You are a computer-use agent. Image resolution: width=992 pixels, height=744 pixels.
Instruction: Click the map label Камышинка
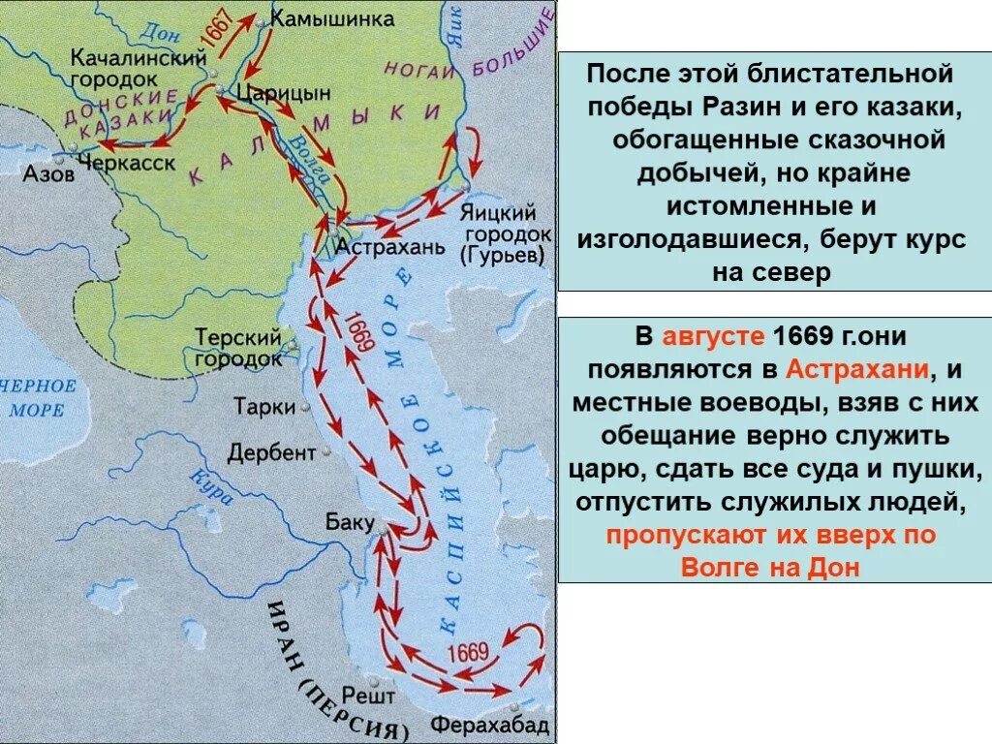click(319, 19)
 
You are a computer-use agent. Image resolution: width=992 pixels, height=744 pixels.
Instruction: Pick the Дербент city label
click(272, 452)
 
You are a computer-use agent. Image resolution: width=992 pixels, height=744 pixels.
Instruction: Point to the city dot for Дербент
click(326, 451)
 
